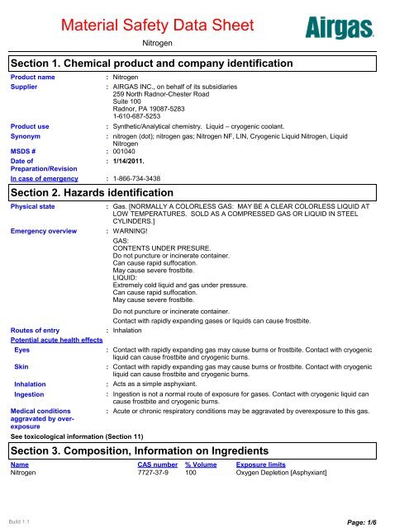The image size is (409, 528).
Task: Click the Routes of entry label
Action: coord(35,328)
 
